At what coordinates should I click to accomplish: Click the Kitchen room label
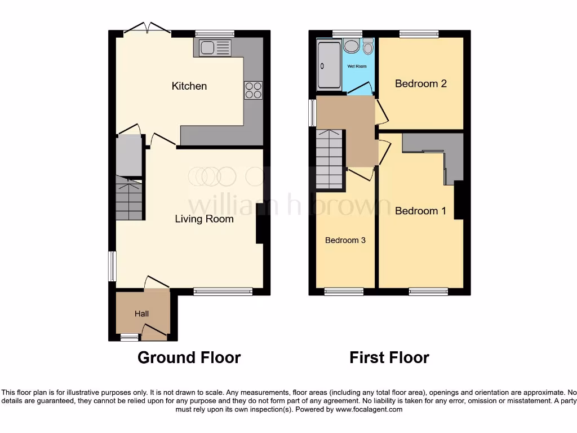click(x=189, y=86)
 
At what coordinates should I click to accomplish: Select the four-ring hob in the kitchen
click(x=253, y=91)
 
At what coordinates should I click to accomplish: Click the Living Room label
click(x=204, y=219)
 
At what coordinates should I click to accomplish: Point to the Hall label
click(x=141, y=313)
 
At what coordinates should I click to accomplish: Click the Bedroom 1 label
click(x=420, y=211)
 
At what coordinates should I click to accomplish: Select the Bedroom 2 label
click(x=420, y=83)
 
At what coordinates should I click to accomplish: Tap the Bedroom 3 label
click(x=345, y=240)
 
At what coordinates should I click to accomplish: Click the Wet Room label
click(x=356, y=67)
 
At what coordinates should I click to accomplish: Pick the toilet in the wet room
click(x=369, y=47)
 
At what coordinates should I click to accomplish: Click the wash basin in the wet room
click(x=352, y=46)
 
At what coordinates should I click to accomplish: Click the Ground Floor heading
click(x=189, y=357)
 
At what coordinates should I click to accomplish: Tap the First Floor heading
click(x=389, y=357)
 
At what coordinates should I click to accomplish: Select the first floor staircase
click(x=329, y=159)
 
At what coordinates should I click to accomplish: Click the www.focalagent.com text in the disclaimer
click(x=369, y=409)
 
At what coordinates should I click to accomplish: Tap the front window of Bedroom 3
click(x=344, y=291)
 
